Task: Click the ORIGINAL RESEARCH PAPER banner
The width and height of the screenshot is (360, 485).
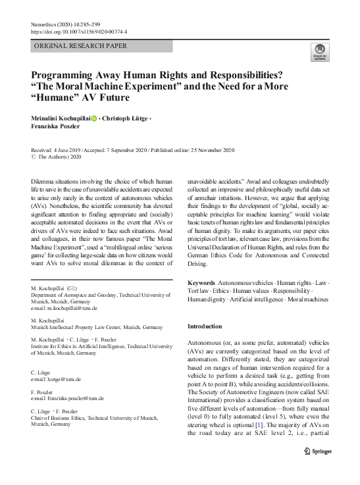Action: (80, 46)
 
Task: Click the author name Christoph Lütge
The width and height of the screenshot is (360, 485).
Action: (126, 118)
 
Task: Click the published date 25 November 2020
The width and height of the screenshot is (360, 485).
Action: (211, 150)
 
